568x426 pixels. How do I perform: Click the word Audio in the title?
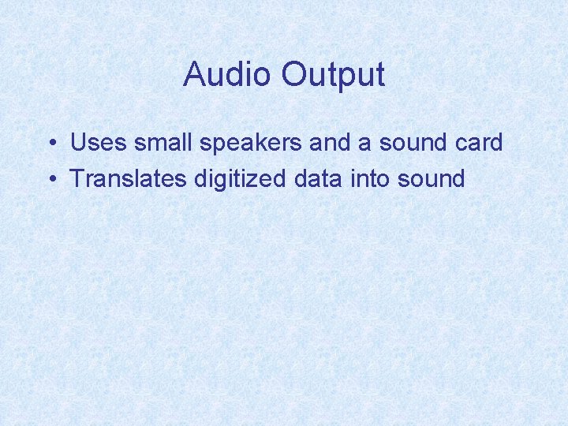coord(227,75)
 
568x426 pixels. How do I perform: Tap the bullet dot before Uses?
coord(50,144)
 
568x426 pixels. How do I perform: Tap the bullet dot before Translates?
coord(50,179)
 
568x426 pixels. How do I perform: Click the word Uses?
coord(99,144)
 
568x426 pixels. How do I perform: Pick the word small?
coord(162,144)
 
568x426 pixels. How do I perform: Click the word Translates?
coord(128,179)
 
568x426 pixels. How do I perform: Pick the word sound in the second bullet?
coord(432,179)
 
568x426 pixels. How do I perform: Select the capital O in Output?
coord(293,75)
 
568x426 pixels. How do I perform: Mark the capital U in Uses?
coord(78,144)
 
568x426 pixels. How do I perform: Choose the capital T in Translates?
coord(77,179)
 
